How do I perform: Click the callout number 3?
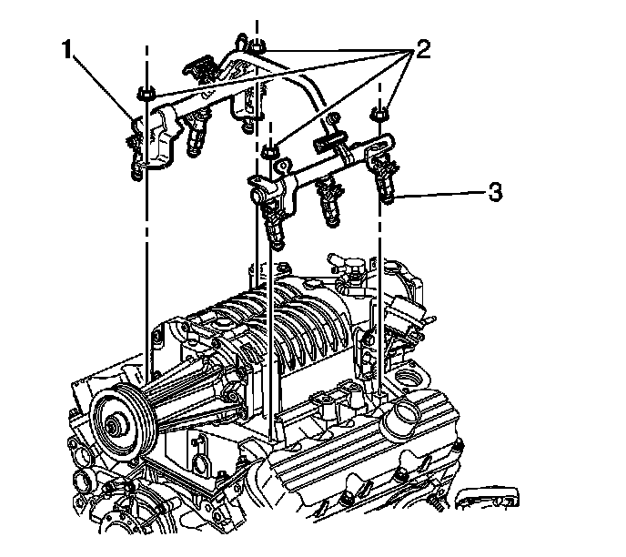(x=494, y=192)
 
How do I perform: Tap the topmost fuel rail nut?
(x=258, y=46)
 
